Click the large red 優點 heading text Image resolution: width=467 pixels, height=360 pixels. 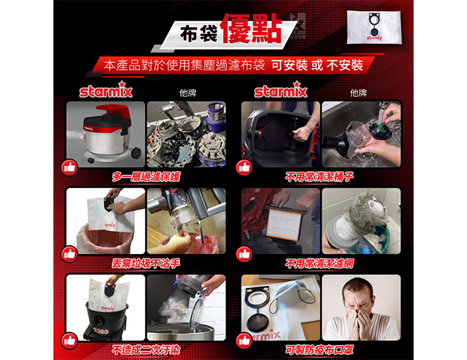click(252, 28)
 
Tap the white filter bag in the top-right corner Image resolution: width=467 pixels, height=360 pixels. click(374, 27)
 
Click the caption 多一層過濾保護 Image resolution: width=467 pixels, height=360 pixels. click(146, 177)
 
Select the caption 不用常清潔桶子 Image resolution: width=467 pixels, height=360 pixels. click(319, 177)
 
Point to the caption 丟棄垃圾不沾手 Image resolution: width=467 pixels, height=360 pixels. click(145, 263)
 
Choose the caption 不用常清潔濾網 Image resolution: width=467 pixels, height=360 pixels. click(319, 263)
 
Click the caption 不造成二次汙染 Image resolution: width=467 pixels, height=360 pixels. click(145, 350)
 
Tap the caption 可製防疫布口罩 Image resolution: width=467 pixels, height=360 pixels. click(319, 350)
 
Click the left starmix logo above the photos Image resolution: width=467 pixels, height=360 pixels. click(106, 90)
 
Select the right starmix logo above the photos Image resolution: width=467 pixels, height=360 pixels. click(280, 90)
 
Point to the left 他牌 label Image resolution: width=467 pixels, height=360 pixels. click(188, 93)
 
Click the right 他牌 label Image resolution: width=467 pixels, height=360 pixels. click(358, 93)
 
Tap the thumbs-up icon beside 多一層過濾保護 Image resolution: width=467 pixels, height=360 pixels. click(70, 167)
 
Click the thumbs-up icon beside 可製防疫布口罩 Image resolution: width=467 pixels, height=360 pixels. click(244, 341)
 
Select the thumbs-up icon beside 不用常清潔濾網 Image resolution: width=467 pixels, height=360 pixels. click(244, 254)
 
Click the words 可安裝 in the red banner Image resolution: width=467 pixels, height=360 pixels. click(289, 65)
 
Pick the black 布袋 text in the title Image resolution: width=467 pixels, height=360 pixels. click(199, 33)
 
